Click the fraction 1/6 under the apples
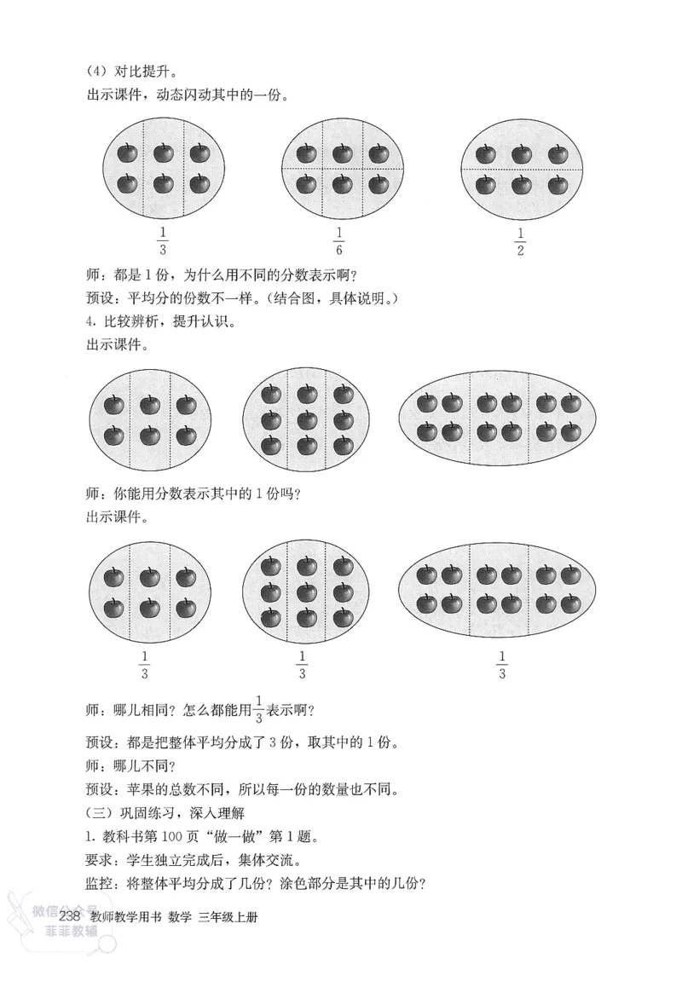click(339, 241)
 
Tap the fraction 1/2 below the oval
click(520, 241)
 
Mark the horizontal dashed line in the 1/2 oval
click(520, 169)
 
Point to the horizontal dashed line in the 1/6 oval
click(339, 169)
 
